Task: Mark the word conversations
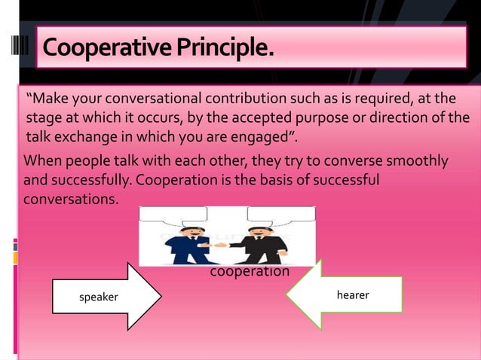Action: [71, 201]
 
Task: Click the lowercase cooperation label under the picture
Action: [249, 271]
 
